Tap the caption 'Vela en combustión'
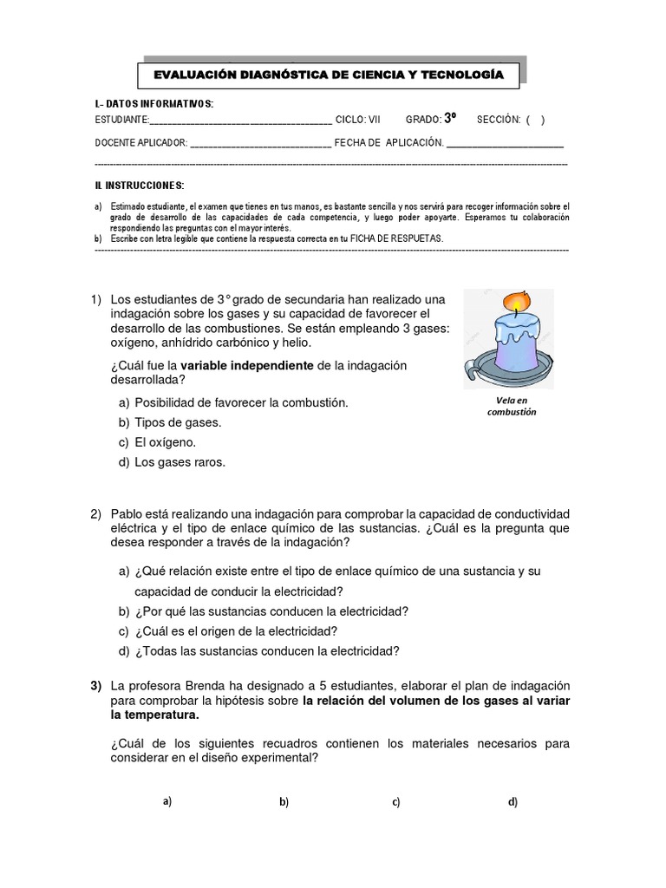(512, 406)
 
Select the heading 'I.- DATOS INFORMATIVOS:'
(153, 105)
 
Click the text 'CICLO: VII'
(357, 120)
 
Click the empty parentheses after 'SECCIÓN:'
(535, 120)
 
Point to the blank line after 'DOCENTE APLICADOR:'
(259, 142)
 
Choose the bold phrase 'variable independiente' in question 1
(247, 366)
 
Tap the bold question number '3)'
(97, 685)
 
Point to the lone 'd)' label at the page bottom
(513, 802)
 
